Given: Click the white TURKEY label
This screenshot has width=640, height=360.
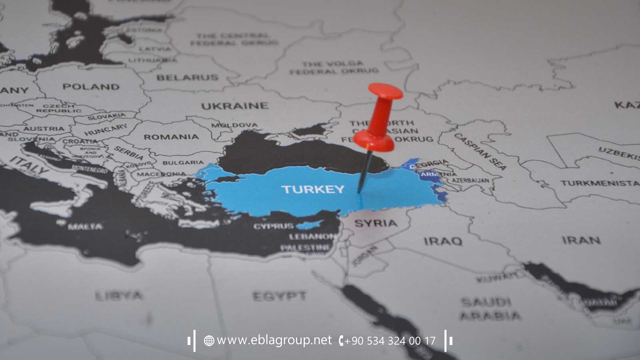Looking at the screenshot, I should (312, 189).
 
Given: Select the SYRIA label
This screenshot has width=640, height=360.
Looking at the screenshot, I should (376, 223).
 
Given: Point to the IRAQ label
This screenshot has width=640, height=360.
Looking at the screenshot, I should (443, 241).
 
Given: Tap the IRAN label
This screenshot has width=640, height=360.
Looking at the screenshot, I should (581, 240).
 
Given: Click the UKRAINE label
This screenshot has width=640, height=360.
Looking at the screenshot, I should (234, 106).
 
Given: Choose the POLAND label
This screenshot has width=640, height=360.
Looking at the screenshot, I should (91, 86).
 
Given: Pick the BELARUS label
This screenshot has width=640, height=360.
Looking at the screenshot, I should (187, 77).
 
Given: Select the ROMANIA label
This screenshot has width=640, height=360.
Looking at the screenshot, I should (171, 137).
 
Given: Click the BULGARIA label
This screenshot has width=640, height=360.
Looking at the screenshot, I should (183, 163).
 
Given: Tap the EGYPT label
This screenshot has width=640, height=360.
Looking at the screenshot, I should (279, 296).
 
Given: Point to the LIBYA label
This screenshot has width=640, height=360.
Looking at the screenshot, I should (119, 296).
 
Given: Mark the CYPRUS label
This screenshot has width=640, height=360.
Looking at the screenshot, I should (274, 226).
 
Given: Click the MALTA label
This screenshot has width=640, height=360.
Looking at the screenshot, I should (85, 227).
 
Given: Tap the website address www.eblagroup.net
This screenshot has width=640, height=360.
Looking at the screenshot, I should (274, 340).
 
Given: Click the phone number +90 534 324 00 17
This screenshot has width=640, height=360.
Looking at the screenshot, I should (390, 341).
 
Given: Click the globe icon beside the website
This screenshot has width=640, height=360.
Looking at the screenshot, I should (209, 341).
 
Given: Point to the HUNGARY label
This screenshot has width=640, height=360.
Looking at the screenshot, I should (106, 130).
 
